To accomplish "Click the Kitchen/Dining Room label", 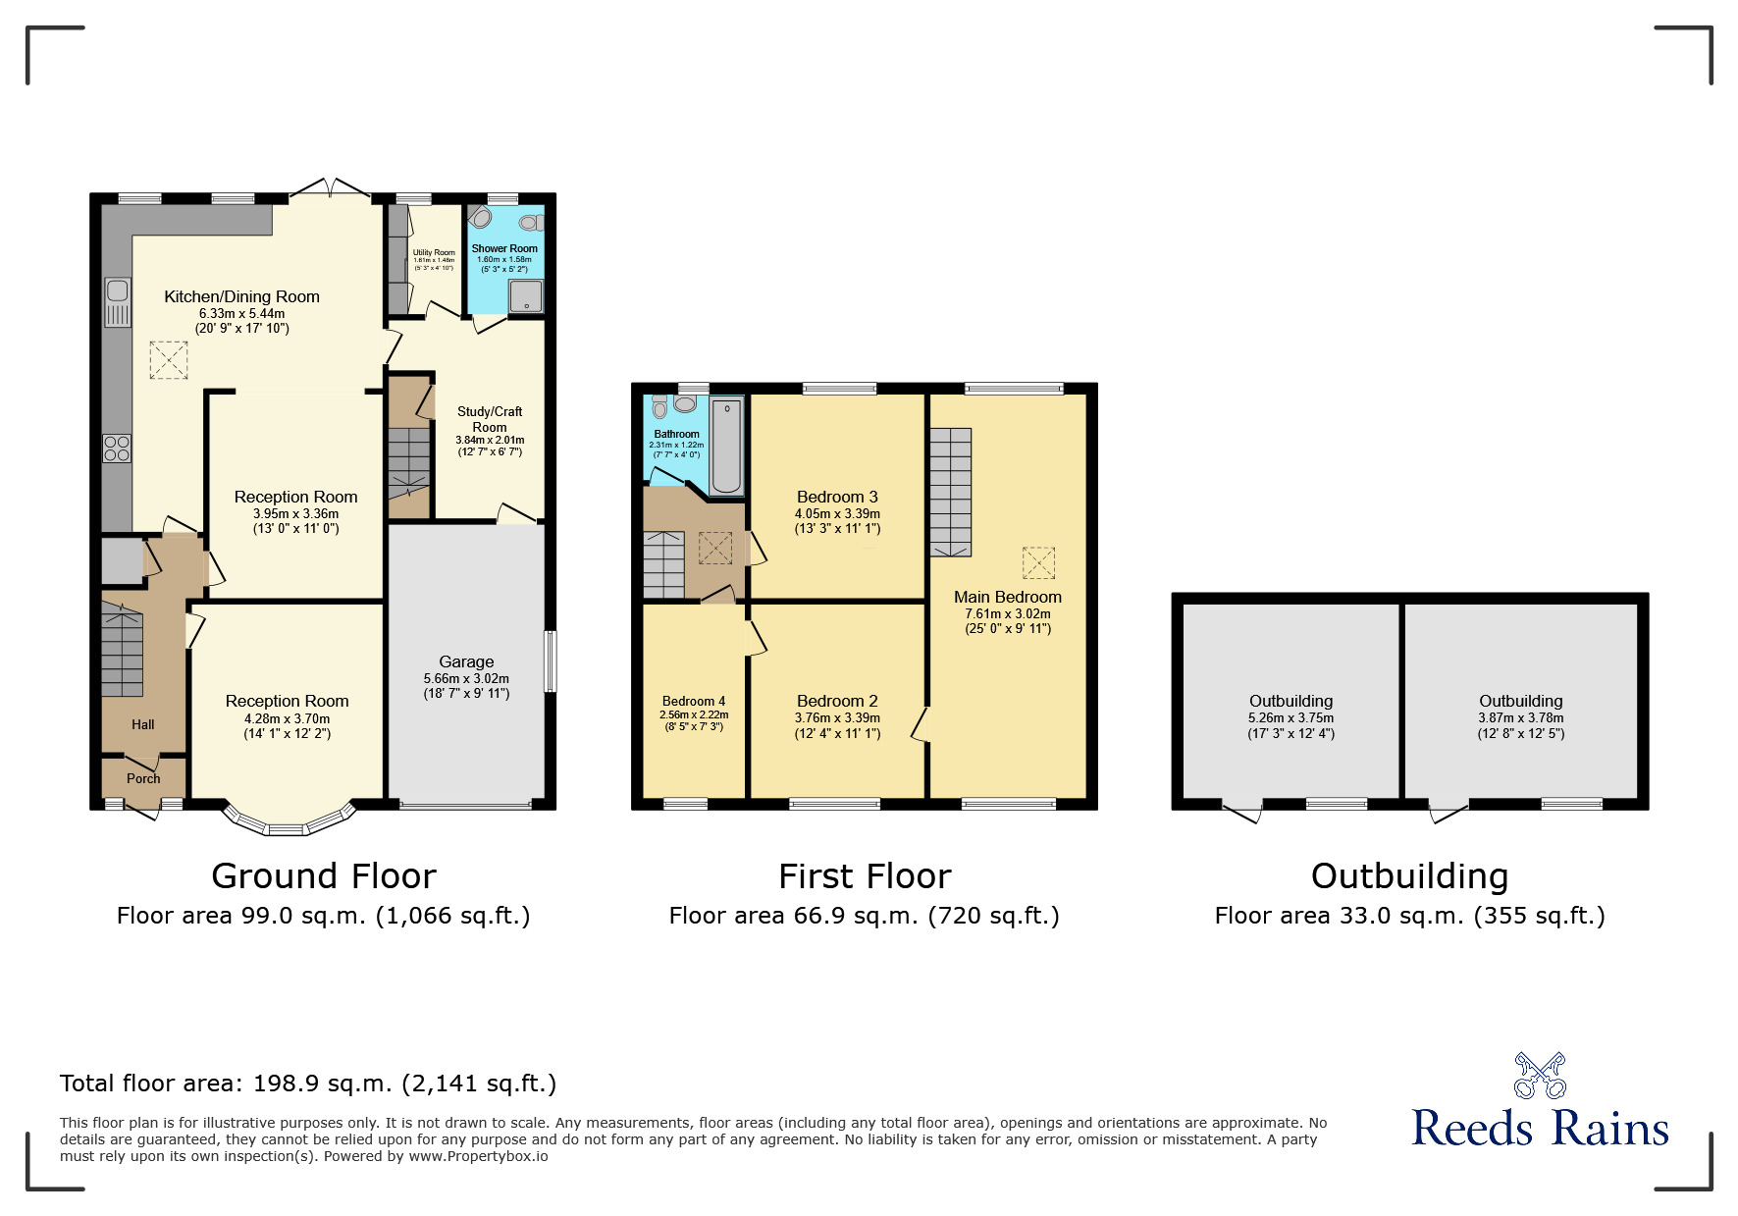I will [241, 296].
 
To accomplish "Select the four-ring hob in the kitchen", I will [117, 449].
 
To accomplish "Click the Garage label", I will [466, 661].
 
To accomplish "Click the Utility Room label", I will [434, 252].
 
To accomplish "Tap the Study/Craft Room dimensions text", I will [490, 447].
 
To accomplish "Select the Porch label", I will [143, 778].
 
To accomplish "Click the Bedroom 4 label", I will [694, 701].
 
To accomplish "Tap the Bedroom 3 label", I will [837, 497].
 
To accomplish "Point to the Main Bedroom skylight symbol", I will [1038, 563].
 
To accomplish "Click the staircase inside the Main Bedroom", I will [950, 491].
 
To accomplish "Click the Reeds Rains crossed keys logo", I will [1540, 1076].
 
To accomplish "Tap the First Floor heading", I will [865, 875].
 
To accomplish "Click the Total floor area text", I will [308, 1084].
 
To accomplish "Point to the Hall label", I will [143, 724].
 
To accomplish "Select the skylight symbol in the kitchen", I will [168, 359].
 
